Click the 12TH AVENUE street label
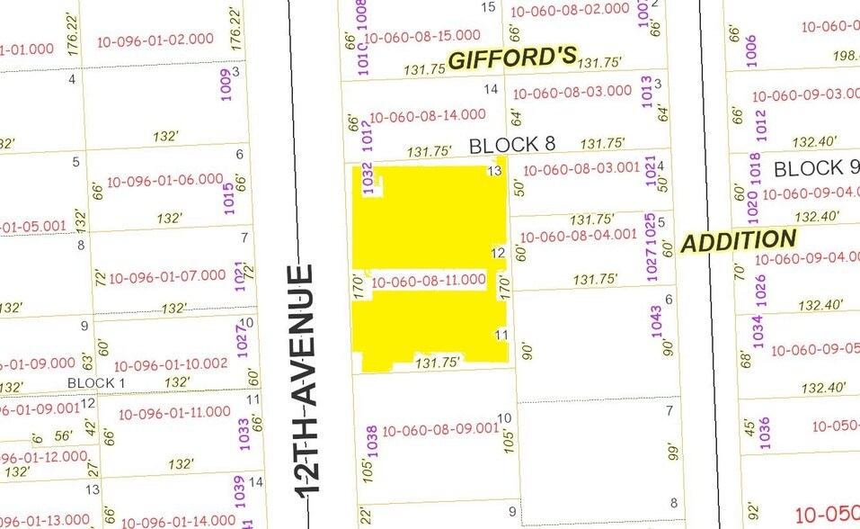tap(306, 379)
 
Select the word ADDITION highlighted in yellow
tap(738, 241)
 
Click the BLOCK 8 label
tap(511, 144)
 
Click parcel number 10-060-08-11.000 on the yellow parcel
tap(428, 281)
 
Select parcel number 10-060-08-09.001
tap(439, 429)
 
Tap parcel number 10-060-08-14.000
tap(427, 115)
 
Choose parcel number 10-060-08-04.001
tap(579, 237)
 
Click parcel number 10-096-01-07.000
tap(167, 276)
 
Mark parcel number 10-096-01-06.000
tap(164, 180)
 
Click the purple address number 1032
tap(367, 179)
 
